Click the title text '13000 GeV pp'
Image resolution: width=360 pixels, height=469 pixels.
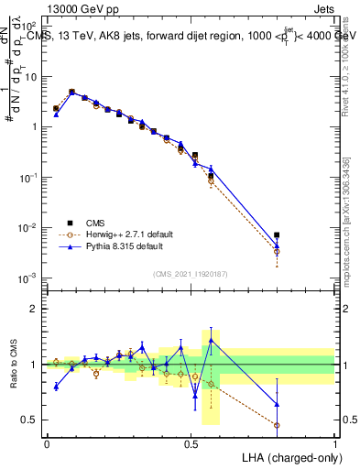point(76,7)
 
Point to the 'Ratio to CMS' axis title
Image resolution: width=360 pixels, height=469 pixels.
point(13,365)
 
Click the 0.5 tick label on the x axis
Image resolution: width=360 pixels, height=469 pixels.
point(191,442)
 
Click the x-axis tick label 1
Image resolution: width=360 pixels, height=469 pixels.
point(334,442)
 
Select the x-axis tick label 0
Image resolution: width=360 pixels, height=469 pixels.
point(47,442)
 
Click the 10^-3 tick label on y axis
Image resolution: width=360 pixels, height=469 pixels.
point(28,278)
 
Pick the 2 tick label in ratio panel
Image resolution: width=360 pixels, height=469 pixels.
point(35,309)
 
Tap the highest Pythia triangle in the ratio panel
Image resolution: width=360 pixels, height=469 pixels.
point(212,340)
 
